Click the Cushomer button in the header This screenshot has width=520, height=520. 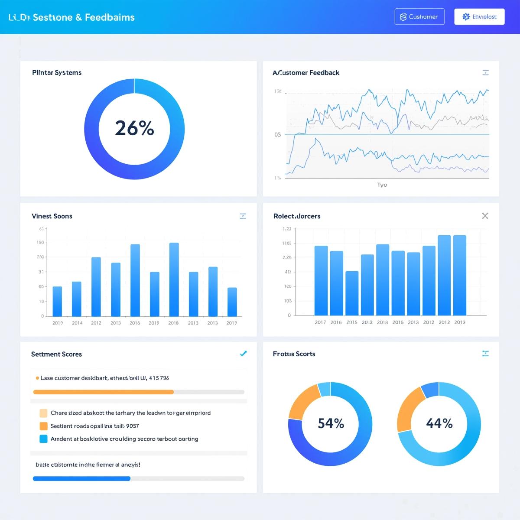(x=419, y=17)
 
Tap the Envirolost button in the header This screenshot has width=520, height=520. (x=479, y=17)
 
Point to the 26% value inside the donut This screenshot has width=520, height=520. (x=134, y=128)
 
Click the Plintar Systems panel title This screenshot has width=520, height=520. (x=57, y=72)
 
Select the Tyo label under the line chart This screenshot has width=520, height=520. (x=382, y=185)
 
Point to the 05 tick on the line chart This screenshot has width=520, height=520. (x=277, y=135)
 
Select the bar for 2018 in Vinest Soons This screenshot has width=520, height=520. (x=174, y=279)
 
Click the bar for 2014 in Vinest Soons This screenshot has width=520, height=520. (x=77, y=299)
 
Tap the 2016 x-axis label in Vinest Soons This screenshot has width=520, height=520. (x=135, y=323)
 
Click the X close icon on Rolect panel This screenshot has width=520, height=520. (x=485, y=216)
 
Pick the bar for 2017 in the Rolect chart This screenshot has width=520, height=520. (x=321, y=281)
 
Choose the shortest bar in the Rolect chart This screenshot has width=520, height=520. (x=352, y=293)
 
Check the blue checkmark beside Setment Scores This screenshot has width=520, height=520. (x=243, y=354)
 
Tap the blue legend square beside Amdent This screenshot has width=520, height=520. (x=43, y=439)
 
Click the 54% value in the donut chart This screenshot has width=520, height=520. (x=331, y=423)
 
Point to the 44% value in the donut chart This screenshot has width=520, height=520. (x=439, y=423)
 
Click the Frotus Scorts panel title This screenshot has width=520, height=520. (x=294, y=354)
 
